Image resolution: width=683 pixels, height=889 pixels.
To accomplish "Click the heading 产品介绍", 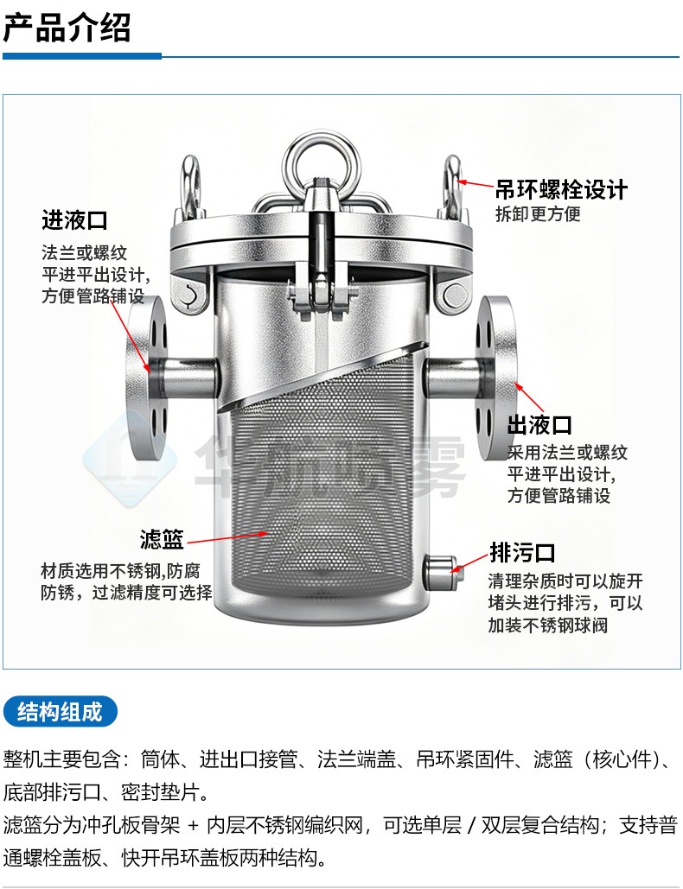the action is point(67,28).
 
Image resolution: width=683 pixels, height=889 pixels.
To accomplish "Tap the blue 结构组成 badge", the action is point(61,712).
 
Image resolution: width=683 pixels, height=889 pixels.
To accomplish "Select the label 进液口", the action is point(74,220).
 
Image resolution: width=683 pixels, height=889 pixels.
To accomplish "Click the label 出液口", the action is point(539,425).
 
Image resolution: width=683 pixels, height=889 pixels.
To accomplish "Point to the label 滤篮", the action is point(162,539).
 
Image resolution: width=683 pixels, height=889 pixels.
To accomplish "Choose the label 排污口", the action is point(522,552).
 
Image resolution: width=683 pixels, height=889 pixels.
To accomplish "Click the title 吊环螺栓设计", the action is point(562,190).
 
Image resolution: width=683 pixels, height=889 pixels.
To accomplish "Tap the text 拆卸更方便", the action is point(538,214).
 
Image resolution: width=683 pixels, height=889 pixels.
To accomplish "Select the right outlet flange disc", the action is point(495,376).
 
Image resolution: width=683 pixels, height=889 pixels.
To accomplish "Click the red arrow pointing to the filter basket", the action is point(227,537).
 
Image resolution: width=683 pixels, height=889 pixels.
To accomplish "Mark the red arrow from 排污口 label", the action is point(469,562).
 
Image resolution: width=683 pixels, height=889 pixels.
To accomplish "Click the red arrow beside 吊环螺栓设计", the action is point(476,183).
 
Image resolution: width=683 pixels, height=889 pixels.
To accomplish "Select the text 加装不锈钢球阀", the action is point(548,625).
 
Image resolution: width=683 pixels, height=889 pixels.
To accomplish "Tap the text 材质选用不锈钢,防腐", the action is point(120,570).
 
